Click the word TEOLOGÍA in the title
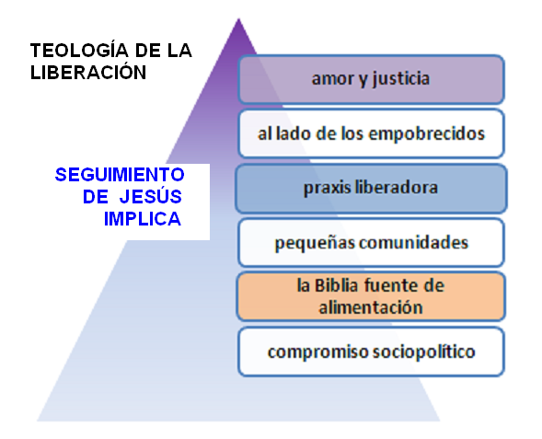click(79, 50)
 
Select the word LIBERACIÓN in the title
click(88, 72)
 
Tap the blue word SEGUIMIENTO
click(120, 175)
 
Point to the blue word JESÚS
click(150, 196)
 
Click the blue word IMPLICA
click(143, 219)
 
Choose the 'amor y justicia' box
click(371, 79)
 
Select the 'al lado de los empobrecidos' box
click(371, 133)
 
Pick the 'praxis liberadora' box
click(371, 189)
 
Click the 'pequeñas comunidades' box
click(371, 243)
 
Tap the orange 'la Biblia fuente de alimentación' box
click(371, 296)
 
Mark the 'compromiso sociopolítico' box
click(371, 352)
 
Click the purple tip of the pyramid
click(238, 18)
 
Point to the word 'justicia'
click(401, 79)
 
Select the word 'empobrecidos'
click(427, 133)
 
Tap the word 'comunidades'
click(413, 242)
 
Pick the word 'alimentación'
click(371, 307)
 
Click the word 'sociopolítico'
click(424, 352)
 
